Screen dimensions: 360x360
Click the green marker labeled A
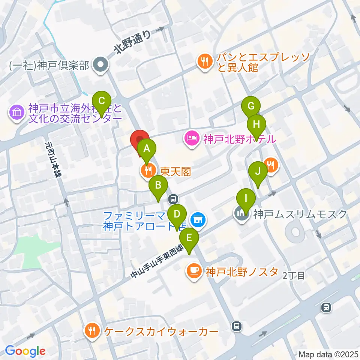tap(147, 148)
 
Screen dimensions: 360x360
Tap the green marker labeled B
tap(158, 185)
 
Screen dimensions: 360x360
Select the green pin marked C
tap(101, 101)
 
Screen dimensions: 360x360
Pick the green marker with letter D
tap(177, 214)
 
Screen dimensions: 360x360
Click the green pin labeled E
tap(189, 238)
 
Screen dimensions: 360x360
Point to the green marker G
tap(251, 106)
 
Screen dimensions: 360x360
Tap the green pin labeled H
tap(256, 124)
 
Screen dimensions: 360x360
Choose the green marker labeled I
tap(246, 198)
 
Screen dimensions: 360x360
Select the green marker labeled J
tap(258, 171)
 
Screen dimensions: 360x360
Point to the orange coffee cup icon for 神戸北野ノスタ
tap(194, 271)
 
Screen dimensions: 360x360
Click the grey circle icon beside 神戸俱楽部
tap(101, 66)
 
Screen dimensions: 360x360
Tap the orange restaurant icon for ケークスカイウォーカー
tap(93, 331)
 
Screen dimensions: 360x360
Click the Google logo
tap(25, 351)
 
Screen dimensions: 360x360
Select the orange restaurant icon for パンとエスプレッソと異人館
tap(204, 61)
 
